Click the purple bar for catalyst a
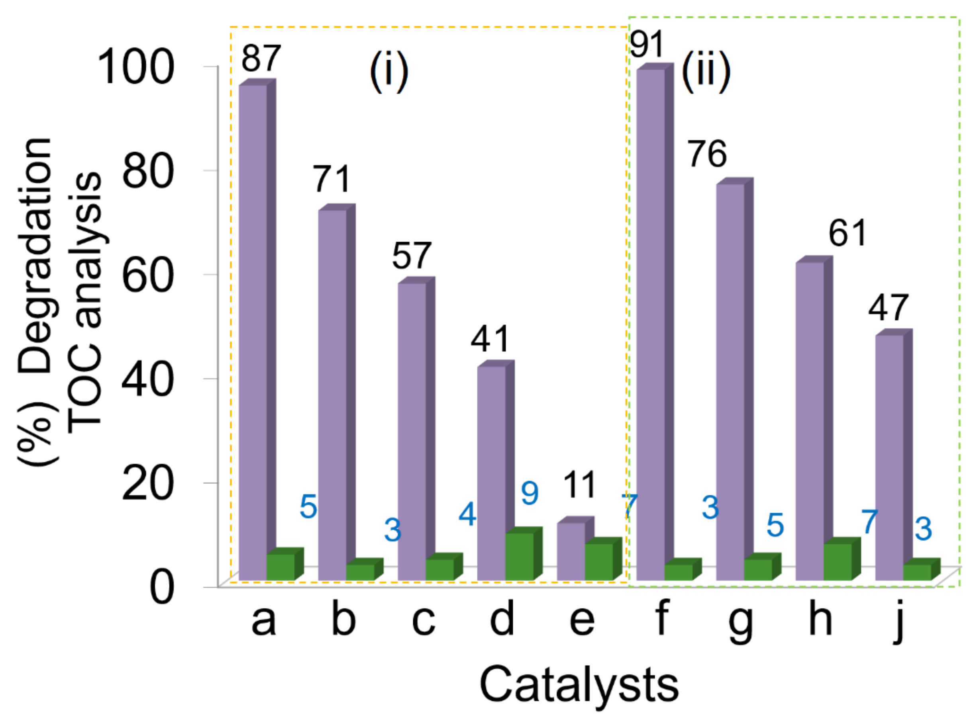point(253,332)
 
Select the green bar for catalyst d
point(519,556)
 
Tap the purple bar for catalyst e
point(571,551)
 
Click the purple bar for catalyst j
point(889,457)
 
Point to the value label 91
point(647,45)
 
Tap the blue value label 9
point(530,493)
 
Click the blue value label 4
point(467,514)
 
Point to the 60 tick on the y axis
point(147,275)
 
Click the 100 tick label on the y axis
point(135,67)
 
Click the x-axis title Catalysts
point(579,685)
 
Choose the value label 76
point(707,154)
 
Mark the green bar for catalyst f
point(678,572)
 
